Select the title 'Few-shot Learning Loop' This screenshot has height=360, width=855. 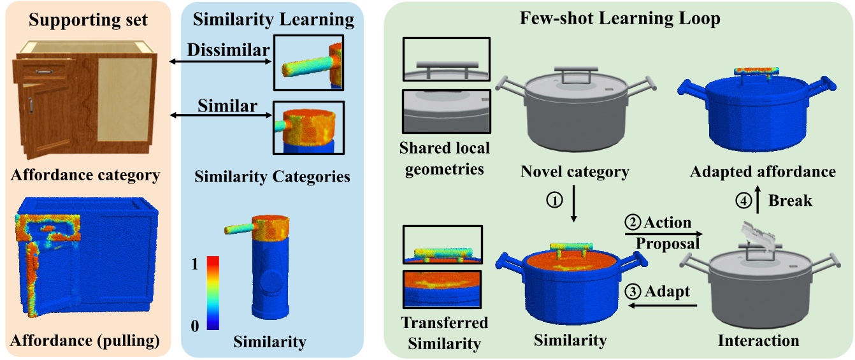pos(619,18)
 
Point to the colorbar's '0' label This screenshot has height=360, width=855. pos(196,326)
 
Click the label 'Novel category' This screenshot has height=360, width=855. pos(575,171)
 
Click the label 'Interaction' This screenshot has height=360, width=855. pos(758,341)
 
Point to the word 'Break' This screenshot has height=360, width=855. pos(790,200)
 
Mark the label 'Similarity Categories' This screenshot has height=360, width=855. pos(272,176)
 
